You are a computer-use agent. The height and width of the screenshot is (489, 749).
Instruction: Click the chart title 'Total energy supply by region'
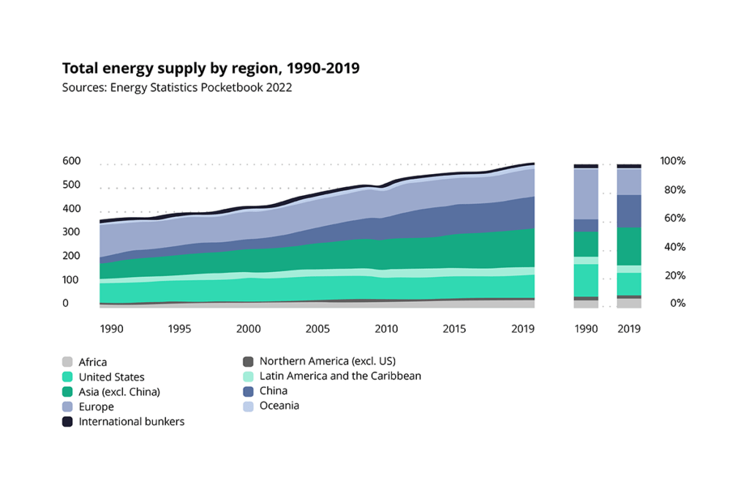(x=211, y=69)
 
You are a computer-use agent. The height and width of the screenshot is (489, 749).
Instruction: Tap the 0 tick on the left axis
(x=65, y=303)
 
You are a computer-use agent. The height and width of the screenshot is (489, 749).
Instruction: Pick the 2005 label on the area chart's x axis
(x=317, y=329)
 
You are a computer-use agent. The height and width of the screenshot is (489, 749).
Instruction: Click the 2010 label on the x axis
(x=386, y=329)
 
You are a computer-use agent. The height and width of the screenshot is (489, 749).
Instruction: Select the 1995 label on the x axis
(x=179, y=329)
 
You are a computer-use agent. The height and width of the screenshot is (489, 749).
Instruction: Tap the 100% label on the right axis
(x=672, y=161)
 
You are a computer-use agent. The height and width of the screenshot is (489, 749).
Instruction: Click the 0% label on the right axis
(x=677, y=303)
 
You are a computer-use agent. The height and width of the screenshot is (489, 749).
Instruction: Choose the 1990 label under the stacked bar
(x=585, y=329)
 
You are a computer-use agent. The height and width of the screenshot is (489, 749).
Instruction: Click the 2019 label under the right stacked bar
(x=629, y=329)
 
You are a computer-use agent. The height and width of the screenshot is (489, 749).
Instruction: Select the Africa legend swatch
(x=67, y=362)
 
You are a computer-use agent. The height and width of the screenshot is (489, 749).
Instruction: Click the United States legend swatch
(x=67, y=377)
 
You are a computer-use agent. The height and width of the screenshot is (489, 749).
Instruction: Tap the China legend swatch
(x=248, y=391)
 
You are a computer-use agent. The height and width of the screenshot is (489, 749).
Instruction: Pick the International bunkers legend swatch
(x=67, y=422)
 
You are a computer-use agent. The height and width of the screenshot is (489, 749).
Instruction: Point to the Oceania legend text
(x=279, y=406)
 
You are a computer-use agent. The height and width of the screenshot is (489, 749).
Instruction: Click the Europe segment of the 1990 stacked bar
(x=585, y=194)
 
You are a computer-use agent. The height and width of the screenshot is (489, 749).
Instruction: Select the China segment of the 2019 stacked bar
(x=629, y=211)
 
